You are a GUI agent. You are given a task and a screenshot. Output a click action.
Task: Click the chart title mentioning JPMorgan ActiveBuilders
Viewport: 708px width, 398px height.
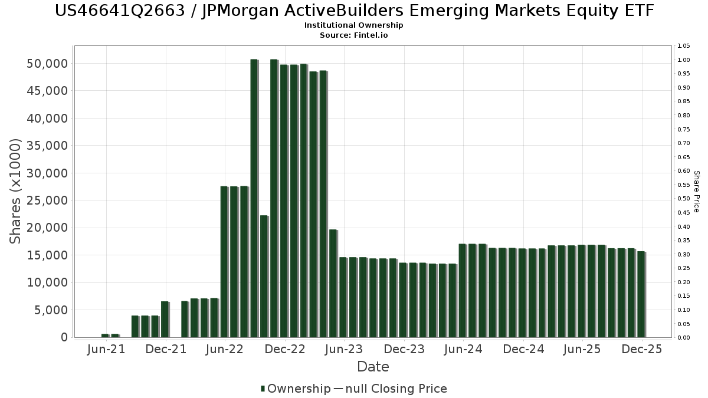point(354,11)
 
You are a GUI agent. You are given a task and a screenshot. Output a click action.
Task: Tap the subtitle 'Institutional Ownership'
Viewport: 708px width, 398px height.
point(354,25)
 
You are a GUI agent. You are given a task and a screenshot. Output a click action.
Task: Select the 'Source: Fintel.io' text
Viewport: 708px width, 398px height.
point(354,35)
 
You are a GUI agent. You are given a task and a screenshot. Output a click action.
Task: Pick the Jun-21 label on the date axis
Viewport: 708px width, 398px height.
point(106,349)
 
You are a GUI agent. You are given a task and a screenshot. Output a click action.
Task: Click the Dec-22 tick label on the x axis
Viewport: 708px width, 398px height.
point(285,349)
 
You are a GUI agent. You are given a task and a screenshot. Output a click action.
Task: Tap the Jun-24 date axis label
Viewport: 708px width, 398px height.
point(463,349)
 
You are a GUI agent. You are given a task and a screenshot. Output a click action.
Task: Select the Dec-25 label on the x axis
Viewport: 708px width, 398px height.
point(643,349)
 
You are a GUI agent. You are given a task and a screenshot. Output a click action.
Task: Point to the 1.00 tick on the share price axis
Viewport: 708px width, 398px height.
point(684,60)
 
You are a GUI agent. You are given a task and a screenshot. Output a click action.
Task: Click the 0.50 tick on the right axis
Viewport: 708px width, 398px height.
point(684,199)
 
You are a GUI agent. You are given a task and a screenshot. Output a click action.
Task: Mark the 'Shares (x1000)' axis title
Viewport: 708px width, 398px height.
point(16,191)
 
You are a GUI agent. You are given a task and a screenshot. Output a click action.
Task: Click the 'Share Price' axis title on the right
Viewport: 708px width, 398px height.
point(696,192)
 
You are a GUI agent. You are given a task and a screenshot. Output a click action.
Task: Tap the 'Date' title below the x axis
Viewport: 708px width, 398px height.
point(373,367)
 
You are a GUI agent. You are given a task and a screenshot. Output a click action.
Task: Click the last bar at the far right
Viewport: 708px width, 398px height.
point(641,294)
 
